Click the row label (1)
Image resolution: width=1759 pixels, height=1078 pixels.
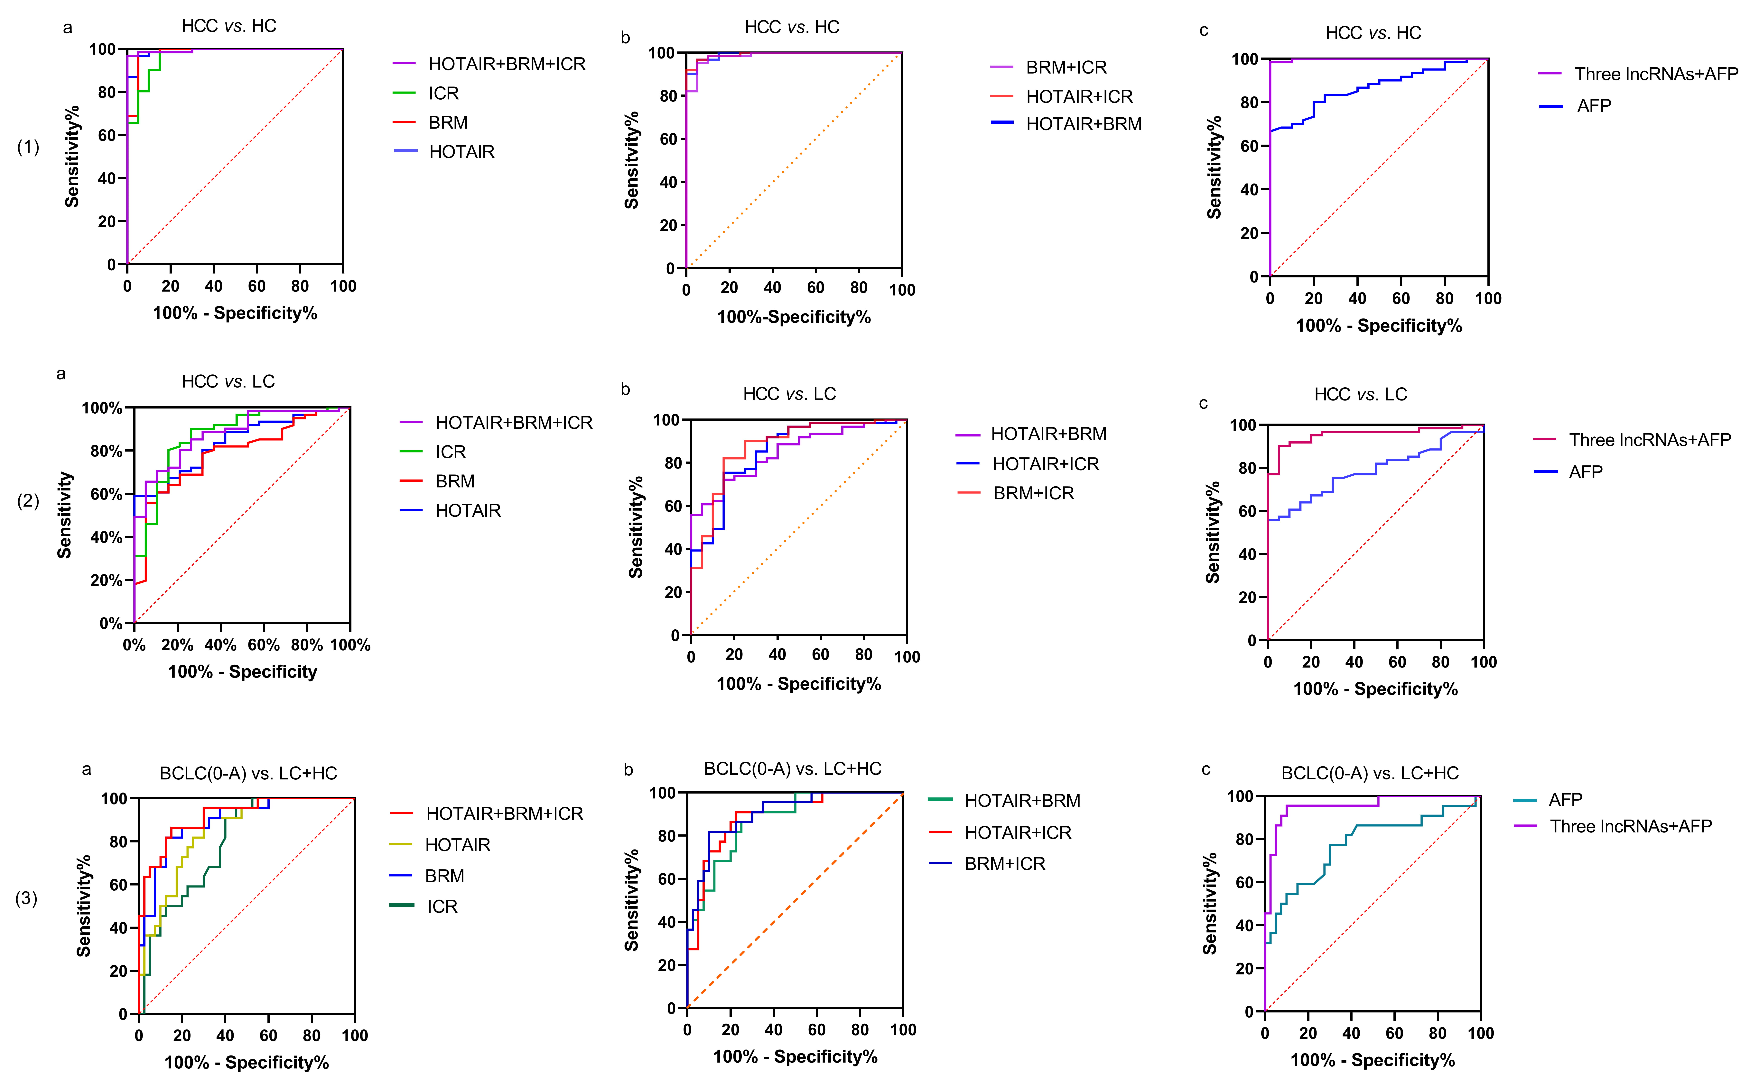point(28,147)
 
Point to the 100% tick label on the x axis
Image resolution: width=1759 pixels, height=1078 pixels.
point(350,645)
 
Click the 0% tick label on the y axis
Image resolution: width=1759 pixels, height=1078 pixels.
point(111,624)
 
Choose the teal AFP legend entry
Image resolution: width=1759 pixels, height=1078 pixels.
point(1565,799)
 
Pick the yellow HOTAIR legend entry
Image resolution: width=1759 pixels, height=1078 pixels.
point(457,845)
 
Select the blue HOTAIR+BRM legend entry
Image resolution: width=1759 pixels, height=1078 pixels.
point(1083,124)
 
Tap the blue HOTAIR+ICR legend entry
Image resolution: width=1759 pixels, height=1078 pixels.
point(1045,464)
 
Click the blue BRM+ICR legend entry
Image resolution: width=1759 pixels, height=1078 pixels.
point(1004,863)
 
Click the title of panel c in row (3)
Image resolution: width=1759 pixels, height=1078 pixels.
point(1369,773)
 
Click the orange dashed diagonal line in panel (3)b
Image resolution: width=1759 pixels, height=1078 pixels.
point(795,900)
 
